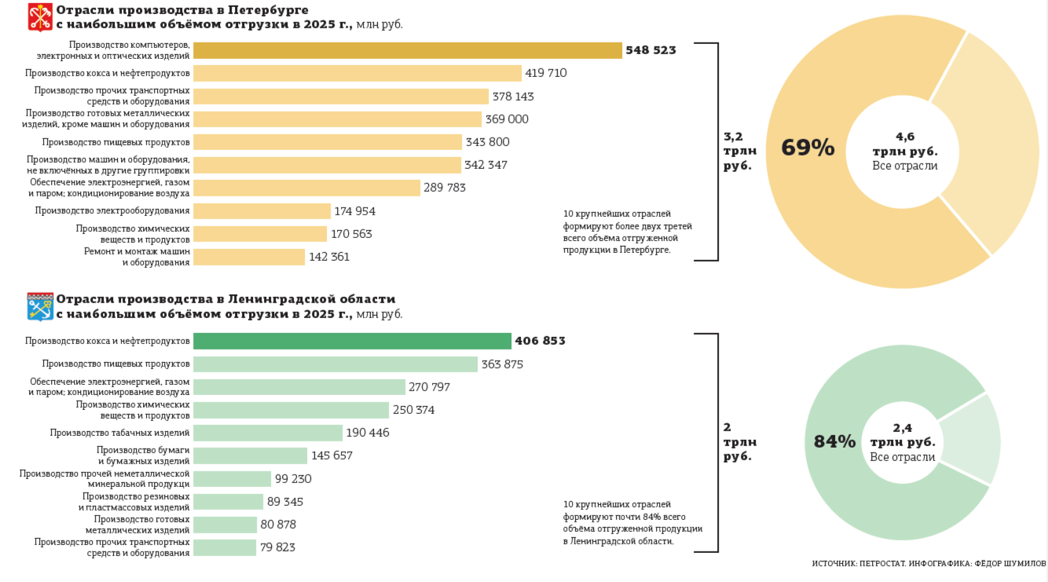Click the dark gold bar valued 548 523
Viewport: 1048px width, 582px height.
point(407,50)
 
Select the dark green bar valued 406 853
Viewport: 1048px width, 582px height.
point(352,341)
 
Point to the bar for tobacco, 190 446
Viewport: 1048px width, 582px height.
point(268,433)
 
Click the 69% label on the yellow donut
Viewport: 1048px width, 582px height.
point(808,148)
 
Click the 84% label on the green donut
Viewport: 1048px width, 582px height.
point(834,441)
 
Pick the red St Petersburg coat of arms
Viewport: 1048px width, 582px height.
point(40,16)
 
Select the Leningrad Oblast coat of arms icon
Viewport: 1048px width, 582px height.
point(40,307)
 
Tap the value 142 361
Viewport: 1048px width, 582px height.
point(329,257)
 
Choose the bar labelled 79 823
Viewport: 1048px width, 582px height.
point(225,547)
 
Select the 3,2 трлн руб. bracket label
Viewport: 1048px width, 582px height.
point(739,151)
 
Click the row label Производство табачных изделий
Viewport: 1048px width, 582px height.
point(119,433)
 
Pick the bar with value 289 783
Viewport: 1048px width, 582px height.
point(306,188)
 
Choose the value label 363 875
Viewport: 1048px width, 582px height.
point(502,364)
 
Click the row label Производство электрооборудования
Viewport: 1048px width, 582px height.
point(112,210)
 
